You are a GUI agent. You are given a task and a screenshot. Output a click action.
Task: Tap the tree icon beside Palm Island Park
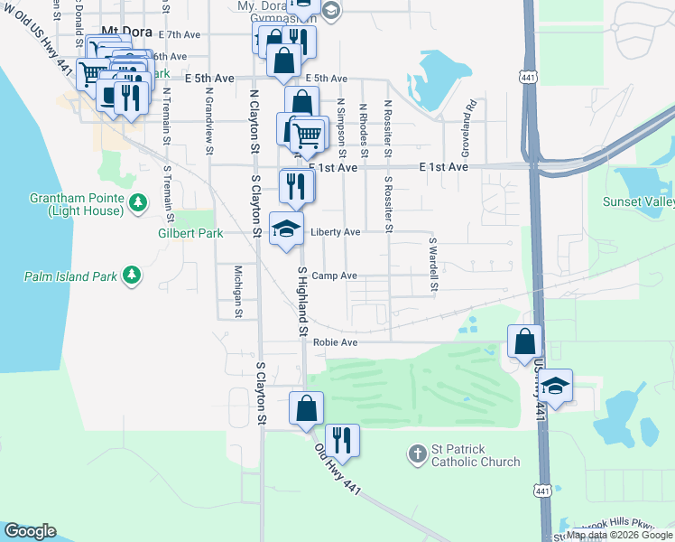click(132, 274)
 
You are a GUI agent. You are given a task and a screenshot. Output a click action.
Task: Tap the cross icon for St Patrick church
click(417, 453)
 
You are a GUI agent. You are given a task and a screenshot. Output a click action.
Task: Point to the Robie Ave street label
click(336, 342)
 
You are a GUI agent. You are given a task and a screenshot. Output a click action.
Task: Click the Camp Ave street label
click(335, 276)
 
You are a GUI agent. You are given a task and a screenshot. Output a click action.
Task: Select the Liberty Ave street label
click(336, 232)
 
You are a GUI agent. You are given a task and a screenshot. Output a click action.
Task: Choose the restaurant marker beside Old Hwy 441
click(342, 441)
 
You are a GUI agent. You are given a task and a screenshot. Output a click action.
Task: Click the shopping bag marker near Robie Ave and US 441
click(525, 342)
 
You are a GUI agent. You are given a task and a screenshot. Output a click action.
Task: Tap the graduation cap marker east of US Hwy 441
click(556, 387)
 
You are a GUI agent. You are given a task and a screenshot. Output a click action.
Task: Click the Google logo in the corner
click(30, 531)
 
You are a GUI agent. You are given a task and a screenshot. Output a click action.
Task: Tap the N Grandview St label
click(209, 117)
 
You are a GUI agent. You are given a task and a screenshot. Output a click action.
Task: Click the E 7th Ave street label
click(179, 34)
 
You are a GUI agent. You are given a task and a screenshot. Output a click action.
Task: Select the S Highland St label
click(302, 302)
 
